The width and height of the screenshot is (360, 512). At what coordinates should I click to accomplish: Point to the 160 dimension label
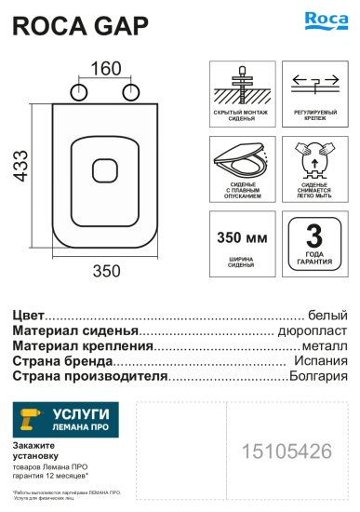[x=106, y=70]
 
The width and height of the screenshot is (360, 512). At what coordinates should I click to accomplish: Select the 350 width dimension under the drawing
[x=106, y=271]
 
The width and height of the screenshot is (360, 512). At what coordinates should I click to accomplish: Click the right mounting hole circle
[x=133, y=90]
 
